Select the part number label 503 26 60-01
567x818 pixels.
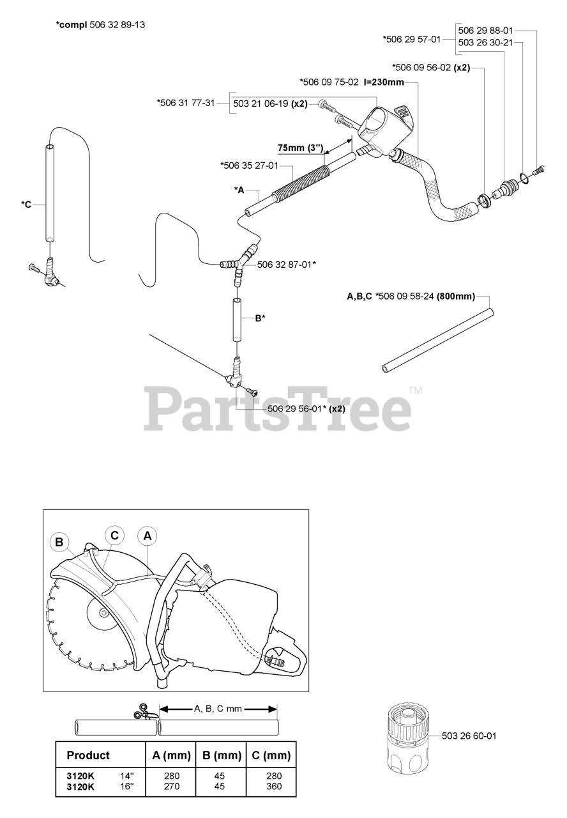click(x=469, y=736)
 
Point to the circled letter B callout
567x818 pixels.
click(x=59, y=543)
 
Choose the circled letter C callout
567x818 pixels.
click(x=114, y=536)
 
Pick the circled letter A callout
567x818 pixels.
click(x=147, y=536)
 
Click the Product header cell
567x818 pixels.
click(x=88, y=755)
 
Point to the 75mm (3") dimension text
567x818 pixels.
click(x=299, y=147)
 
